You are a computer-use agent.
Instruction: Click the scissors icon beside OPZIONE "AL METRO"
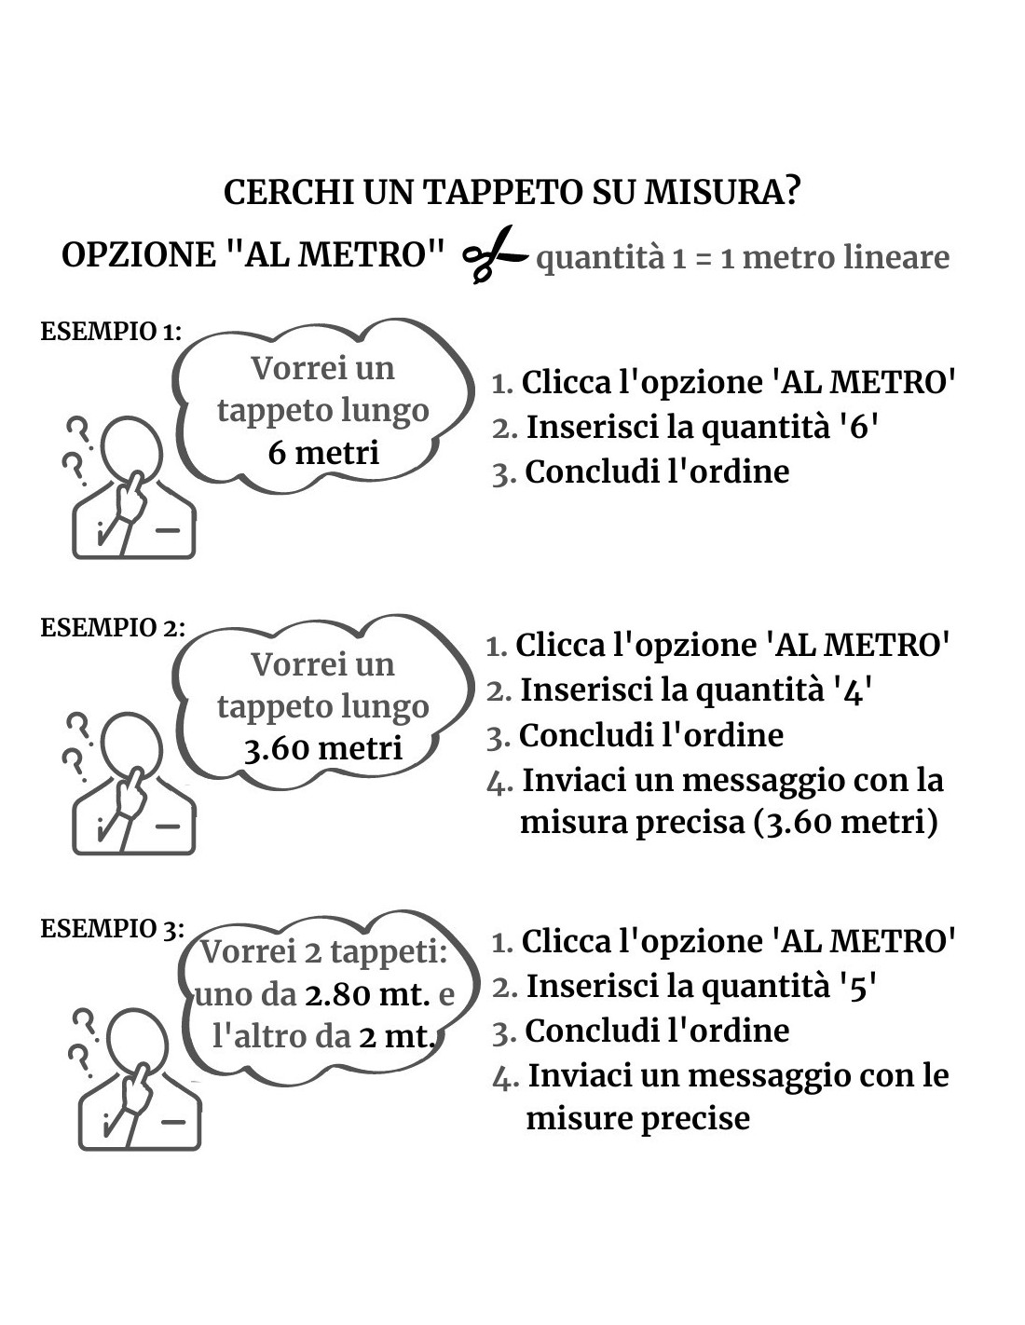[x=494, y=254]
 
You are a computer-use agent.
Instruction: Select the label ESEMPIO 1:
[x=111, y=332]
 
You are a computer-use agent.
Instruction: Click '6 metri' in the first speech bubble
[x=323, y=453]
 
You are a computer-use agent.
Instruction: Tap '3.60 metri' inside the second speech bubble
[x=322, y=749]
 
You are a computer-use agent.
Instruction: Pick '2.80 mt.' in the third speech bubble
[x=367, y=995]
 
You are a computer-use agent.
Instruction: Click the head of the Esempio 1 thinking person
[x=131, y=447]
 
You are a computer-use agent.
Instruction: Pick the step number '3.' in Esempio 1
[x=504, y=473]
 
